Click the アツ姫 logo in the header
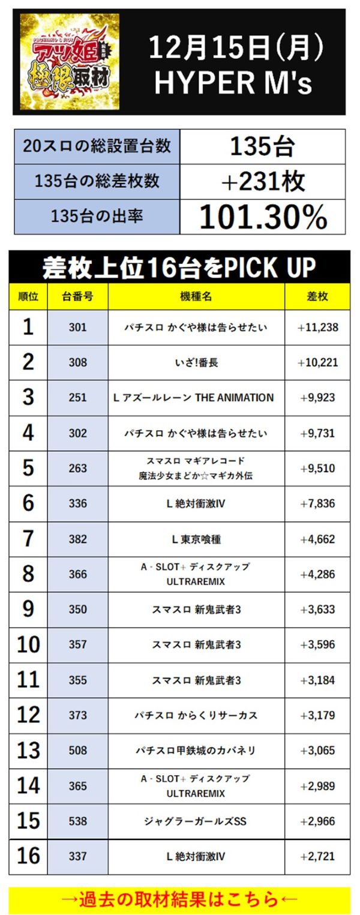click(x=70, y=61)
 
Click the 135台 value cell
click(x=262, y=146)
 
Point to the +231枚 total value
click(x=262, y=182)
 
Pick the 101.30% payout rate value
click(x=262, y=217)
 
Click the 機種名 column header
click(x=196, y=297)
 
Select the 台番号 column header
click(x=77, y=297)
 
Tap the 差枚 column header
click(x=317, y=297)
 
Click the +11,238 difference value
click(x=317, y=327)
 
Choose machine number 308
click(x=77, y=362)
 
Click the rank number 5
click(x=28, y=468)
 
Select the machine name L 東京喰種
click(x=196, y=539)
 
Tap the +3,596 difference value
click(x=317, y=644)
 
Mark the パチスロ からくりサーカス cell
click(x=196, y=715)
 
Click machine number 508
click(x=77, y=750)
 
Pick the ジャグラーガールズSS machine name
click(x=196, y=821)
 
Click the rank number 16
click(x=28, y=856)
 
